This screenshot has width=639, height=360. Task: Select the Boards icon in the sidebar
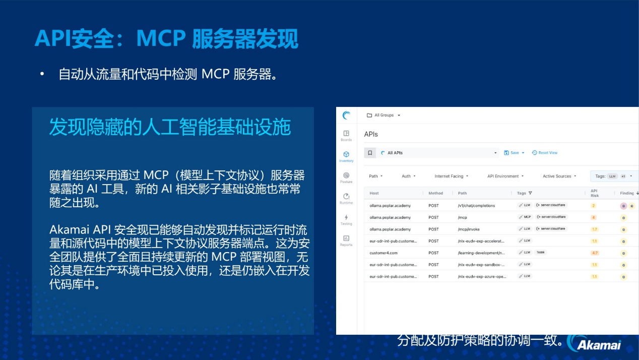pos(346,134)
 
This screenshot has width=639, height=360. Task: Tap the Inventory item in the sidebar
pos(346,155)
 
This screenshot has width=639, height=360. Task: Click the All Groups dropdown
pos(384,115)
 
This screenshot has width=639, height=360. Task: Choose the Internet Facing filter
pos(451,176)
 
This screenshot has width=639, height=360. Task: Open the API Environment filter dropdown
pos(505,176)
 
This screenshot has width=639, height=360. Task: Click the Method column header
pos(436,193)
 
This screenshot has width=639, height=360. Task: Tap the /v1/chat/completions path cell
pos(476,206)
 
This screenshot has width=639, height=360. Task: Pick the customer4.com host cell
pos(384,253)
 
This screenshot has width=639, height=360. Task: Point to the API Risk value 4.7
pos(595,253)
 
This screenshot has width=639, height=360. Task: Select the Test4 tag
pos(540,253)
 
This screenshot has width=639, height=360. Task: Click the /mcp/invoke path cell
pos(469,229)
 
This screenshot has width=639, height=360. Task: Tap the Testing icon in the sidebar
pos(346,218)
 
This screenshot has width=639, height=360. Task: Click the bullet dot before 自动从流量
pos(43,74)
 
